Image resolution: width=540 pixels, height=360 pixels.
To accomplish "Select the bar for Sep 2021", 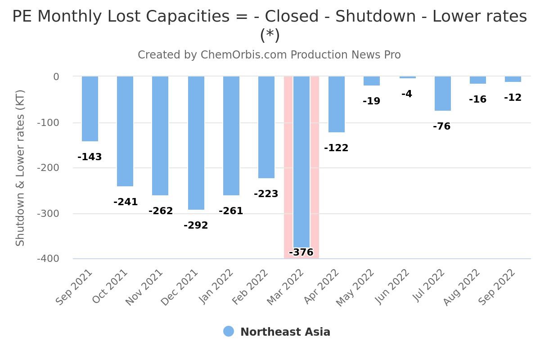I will (90, 109).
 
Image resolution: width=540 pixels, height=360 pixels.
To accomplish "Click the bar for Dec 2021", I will (196, 143).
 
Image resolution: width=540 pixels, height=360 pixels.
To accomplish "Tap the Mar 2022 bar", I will (301, 162).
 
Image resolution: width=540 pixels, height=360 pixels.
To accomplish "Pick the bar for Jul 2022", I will (443, 94).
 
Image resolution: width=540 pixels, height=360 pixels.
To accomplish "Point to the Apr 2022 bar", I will (337, 104).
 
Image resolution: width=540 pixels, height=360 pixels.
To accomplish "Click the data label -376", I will (301, 252).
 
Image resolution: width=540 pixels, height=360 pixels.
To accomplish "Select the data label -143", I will (90, 157).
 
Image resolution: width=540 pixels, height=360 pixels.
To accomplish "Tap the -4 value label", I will (407, 94).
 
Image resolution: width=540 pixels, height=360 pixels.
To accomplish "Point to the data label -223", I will (266, 194).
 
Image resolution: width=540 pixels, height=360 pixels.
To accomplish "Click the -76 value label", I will (441, 126).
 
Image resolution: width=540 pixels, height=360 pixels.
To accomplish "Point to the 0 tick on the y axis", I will (56, 77).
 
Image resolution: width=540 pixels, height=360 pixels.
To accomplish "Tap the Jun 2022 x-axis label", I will (392, 287).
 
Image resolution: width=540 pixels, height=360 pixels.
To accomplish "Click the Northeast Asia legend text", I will (285, 332).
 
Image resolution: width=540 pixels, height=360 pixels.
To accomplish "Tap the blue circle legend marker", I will (229, 332).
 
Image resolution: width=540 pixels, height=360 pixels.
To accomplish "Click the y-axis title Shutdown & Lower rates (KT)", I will (20, 168).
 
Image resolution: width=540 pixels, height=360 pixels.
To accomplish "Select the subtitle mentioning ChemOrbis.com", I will (269, 55).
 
